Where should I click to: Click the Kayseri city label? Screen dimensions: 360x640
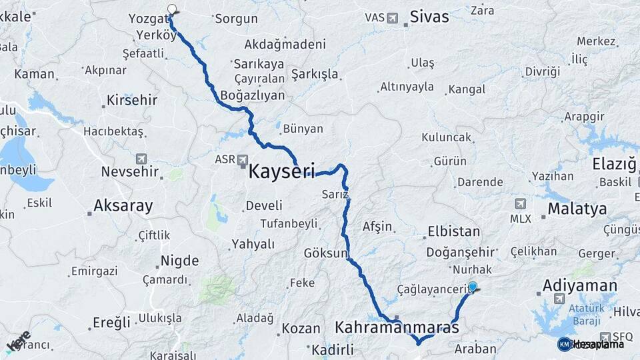(x=281, y=171)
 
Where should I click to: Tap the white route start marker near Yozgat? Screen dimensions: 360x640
(x=172, y=9)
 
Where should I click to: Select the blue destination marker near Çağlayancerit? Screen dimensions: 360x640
(x=473, y=287)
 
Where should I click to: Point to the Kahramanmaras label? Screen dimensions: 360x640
(x=397, y=328)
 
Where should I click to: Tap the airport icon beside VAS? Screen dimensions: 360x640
(x=392, y=18)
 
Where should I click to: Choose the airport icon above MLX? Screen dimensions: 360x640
(x=520, y=203)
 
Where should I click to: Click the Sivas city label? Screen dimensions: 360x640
(x=429, y=17)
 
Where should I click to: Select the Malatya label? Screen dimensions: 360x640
(x=577, y=209)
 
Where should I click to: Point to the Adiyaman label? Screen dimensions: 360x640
(x=580, y=285)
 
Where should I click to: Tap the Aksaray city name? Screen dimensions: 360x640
(x=123, y=205)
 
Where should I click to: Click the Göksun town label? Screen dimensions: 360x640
(x=326, y=253)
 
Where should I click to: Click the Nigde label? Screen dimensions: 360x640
(x=179, y=260)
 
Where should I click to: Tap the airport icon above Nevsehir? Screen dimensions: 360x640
(x=141, y=159)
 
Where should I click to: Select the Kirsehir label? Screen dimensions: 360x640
(x=132, y=100)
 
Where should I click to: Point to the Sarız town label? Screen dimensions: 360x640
(x=335, y=194)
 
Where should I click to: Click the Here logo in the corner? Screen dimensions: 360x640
(x=18, y=341)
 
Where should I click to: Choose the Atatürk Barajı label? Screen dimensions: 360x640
(x=569, y=313)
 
